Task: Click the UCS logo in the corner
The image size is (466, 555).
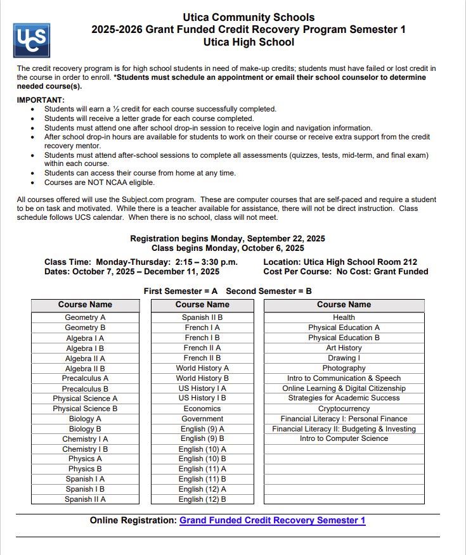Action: coord(31,40)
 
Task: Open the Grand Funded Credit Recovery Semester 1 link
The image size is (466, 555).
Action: coord(272,520)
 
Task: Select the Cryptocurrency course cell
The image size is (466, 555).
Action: coord(344,409)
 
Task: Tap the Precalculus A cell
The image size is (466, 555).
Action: coord(85,378)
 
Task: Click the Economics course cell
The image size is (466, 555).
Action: coord(202,409)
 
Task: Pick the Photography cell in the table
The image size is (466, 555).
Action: coord(344,368)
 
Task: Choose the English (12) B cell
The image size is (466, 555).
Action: coord(202,499)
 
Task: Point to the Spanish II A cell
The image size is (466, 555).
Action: coord(85,499)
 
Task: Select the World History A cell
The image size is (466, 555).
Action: coord(202,368)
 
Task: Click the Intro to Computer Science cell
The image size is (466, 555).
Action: coord(344,438)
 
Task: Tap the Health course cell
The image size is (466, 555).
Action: coord(344,317)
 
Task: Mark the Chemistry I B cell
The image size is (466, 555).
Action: coord(85,449)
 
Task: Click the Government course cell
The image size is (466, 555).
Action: coord(202,419)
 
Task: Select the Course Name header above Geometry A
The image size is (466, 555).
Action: coord(85,305)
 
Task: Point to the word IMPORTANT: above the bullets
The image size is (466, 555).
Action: coord(41,100)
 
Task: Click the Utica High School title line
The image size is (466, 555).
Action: coord(249,42)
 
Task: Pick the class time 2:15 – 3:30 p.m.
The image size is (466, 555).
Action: coord(207,262)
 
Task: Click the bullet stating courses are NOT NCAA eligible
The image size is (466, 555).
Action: coord(99,182)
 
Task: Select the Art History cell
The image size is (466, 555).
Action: coord(344,348)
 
